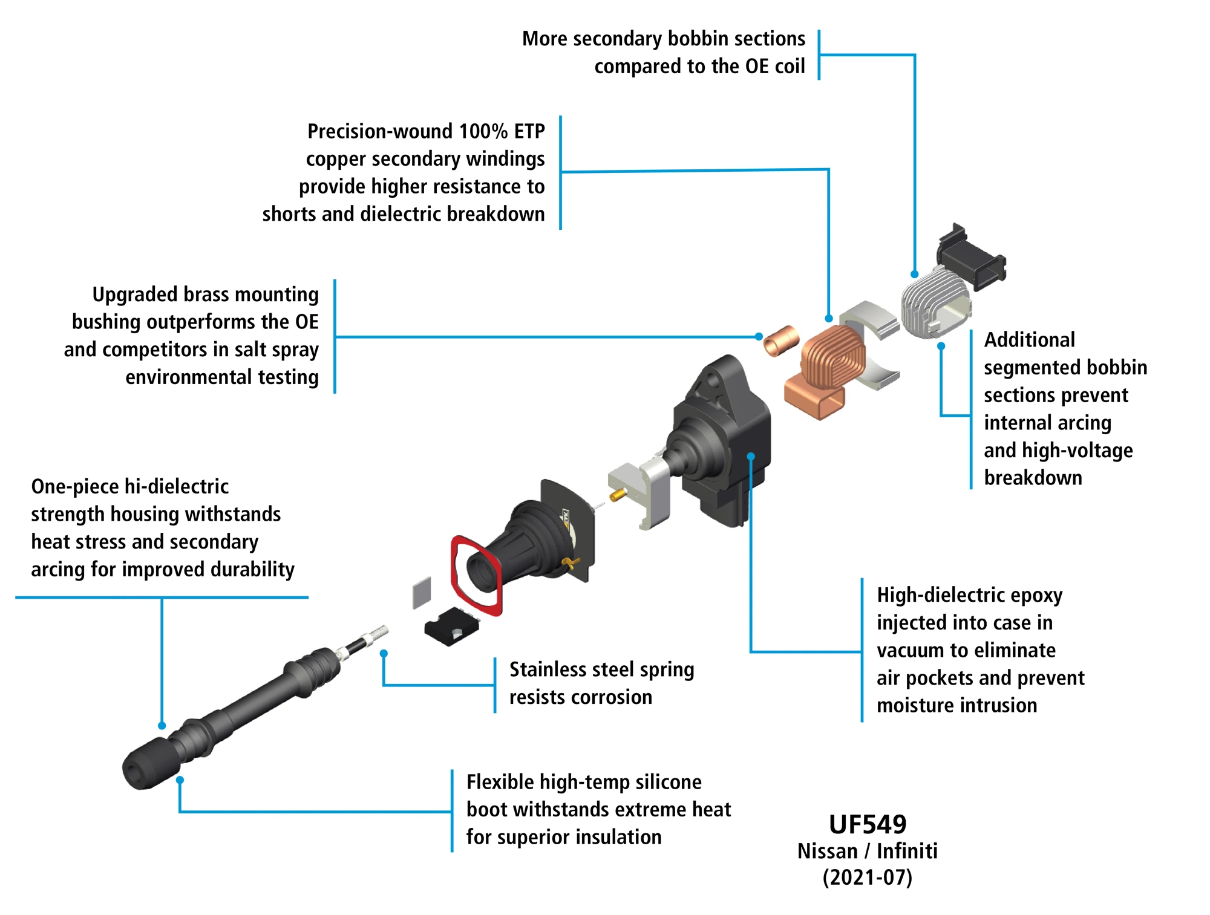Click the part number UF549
868,824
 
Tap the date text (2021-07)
867,878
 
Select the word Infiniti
907,851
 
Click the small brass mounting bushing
781,341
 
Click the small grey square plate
422,593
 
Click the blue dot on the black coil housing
751,457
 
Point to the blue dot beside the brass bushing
759,336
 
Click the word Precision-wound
379,131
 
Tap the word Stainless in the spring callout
548,669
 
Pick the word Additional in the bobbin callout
1029,340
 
